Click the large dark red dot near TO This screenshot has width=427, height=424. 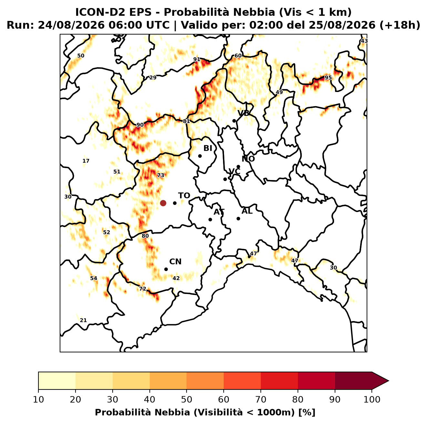163,203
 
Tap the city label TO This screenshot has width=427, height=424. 184,196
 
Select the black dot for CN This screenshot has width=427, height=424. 166,269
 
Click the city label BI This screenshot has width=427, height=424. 208,148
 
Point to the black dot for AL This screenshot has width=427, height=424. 238,218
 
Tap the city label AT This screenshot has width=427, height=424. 219,212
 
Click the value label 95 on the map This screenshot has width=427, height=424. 328,77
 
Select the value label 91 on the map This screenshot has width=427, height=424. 197,59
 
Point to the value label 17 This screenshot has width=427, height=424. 86,161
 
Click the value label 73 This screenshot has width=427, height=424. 161,175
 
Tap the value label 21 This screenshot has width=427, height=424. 83,320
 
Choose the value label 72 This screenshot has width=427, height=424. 142,289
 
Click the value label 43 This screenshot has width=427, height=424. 364,41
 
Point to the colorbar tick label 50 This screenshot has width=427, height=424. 187,399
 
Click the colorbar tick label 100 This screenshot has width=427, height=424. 372,399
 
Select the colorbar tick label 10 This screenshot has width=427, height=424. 38,399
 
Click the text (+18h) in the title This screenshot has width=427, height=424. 400,25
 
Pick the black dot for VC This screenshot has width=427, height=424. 225,179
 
